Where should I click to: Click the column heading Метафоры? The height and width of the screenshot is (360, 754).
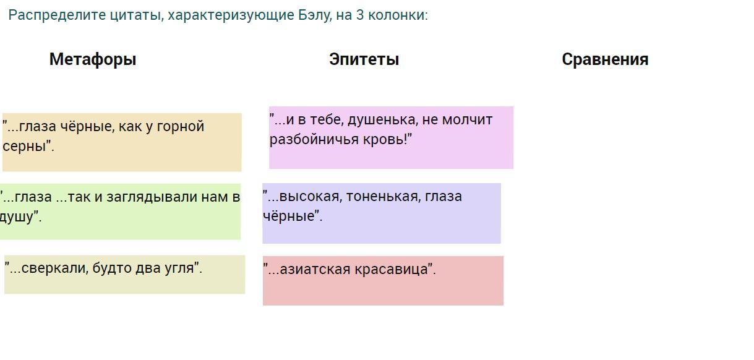pos(93,59)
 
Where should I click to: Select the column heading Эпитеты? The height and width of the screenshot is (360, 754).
pos(364,59)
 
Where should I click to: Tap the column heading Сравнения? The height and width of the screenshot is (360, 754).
pos(605,59)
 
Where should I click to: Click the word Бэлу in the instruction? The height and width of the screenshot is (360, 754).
pos(314,15)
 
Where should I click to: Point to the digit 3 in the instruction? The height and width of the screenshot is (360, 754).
pos(360,15)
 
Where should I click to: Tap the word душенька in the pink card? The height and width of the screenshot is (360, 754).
pos(383,120)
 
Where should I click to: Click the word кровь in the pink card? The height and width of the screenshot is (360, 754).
pos(385,139)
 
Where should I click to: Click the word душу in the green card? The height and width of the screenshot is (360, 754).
pos(17,216)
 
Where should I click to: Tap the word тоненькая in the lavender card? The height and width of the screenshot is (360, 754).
pos(383,197)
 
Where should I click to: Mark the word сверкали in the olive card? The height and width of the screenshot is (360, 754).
pos(54,268)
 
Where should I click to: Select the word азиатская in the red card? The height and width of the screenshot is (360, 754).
pos(315,270)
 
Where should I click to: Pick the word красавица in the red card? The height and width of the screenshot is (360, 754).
pos(391,270)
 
